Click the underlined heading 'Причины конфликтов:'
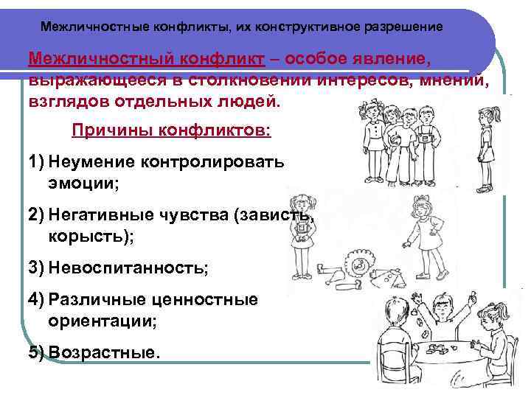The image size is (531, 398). [171, 130]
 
